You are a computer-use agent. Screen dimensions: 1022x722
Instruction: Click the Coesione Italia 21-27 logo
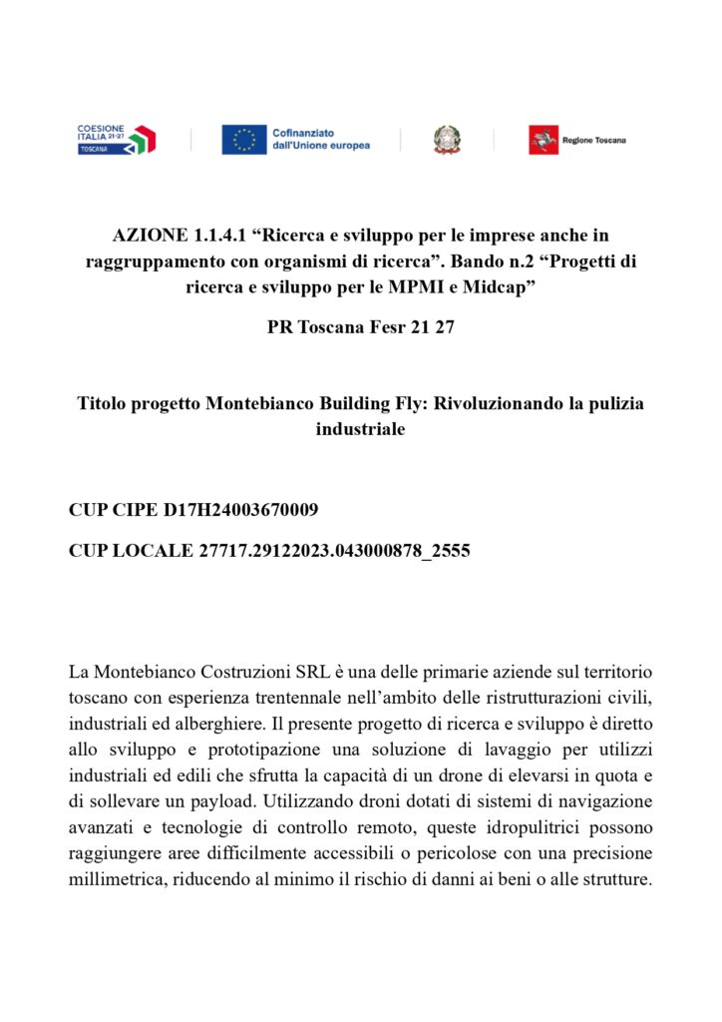[x=116, y=139]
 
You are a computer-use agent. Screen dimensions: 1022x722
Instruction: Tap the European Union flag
[x=243, y=140]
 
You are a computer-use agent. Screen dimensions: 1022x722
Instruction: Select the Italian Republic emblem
[x=447, y=140]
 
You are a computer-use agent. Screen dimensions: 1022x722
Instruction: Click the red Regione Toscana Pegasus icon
[x=542, y=140]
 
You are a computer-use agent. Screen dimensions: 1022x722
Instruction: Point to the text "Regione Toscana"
[x=594, y=141]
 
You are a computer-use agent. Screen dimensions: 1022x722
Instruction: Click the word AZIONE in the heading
[x=149, y=236]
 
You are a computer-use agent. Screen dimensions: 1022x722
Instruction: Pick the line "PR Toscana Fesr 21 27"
[x=361, y=326]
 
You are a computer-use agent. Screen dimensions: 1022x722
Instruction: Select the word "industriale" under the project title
[x=361, y=430]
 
